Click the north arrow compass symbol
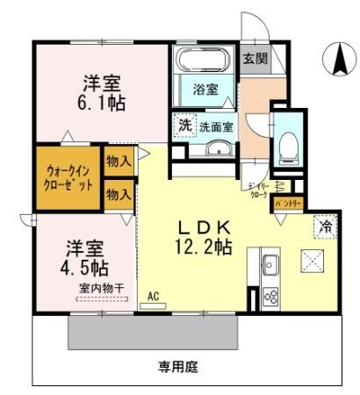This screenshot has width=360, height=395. tap(337, 59)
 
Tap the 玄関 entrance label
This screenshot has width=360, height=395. tap(255, 60)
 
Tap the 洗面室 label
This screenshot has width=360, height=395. tap(215, 126)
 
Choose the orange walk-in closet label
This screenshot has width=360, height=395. tap(68, 178)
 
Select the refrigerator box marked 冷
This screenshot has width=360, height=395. tap(325, 224)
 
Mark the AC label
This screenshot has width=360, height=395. tap(155, 296)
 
